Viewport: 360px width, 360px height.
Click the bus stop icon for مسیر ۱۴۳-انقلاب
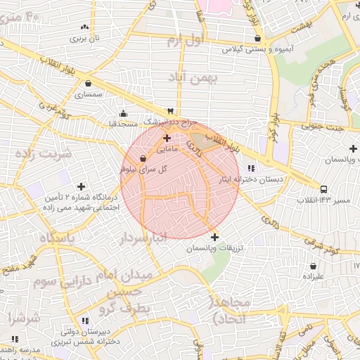tap(323, 189)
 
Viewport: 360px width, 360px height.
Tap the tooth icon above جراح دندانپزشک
tap(169, 111)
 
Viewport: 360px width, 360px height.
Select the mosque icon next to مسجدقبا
tap(124, 114)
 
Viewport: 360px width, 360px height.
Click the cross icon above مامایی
tap(167, 139)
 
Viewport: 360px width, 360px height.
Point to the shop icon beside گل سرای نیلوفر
tap(143, 159)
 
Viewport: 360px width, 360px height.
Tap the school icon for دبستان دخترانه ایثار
tap(252, 168)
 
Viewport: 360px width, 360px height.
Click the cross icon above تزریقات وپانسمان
tap(214, 237)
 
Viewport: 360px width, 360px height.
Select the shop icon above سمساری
tap(87, 82)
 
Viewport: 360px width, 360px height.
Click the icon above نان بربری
tap(84, 27)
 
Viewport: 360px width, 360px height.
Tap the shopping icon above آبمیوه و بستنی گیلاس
tap(257, 39)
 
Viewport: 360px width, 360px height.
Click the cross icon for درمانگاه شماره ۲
tap(82, 187)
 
